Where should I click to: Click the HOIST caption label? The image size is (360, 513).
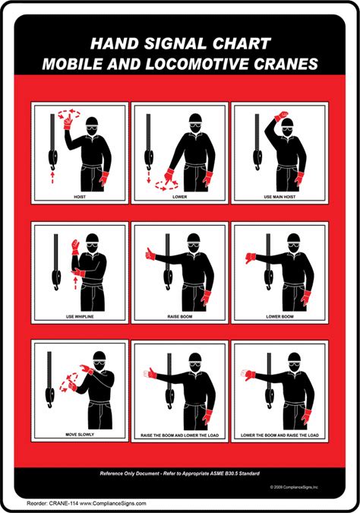click(80, 197)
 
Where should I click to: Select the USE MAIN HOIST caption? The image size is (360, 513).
click(279, 197)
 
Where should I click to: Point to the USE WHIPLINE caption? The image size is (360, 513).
click(80, 317)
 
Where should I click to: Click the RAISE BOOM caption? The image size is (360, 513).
click(180, 317)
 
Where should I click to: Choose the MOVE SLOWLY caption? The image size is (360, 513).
click(80, 435)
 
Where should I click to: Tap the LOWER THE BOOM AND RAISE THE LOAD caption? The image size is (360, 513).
click(279, 435)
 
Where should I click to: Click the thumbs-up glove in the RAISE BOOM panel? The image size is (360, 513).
click(150, 254)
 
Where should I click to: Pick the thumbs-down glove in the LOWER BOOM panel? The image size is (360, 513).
click(251, 258)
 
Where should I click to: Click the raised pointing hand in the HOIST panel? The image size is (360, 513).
click(68, 122)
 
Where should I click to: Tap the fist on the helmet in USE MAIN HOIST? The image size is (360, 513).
click(282, 116)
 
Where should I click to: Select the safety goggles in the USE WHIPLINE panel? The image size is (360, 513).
click(93, 244)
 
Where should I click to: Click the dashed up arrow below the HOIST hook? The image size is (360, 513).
click(52, 177)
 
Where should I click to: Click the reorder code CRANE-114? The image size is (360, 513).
click(64, 504)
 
